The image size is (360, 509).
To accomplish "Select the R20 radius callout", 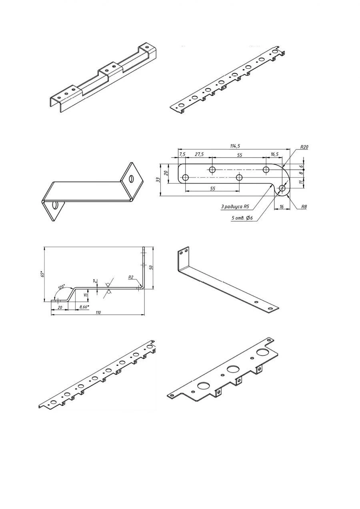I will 304,147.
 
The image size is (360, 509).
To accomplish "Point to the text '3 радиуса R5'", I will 235,207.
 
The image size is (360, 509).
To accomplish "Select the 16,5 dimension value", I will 275,154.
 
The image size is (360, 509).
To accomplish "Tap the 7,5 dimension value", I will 182,154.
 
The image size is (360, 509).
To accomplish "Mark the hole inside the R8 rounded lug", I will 283,188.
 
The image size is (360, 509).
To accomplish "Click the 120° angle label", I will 61,287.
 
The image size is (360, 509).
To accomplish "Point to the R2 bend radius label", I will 130,277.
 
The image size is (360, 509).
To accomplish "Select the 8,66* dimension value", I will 83,306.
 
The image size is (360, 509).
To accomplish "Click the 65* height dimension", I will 41,274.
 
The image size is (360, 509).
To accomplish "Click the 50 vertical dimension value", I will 151,267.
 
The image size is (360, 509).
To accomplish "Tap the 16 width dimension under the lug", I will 281,207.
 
